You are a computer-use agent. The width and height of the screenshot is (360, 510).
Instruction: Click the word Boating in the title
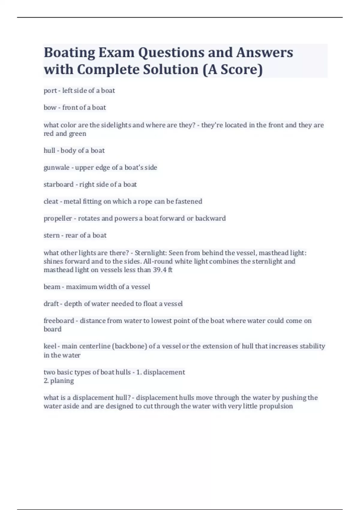69,53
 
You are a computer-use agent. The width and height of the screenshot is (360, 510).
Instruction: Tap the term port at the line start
50,91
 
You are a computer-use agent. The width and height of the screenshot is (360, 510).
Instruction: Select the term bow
50,107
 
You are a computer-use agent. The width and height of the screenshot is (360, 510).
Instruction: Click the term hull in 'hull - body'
49,150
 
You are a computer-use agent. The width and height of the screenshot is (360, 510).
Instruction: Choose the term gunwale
56,167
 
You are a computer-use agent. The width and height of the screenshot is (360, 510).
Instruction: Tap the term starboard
58,184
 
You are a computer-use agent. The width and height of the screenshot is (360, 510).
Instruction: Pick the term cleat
51,201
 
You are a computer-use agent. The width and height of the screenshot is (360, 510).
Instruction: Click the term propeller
58,218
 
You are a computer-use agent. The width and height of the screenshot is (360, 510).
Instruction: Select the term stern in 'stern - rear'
52,235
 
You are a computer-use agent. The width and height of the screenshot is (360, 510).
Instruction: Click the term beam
52,287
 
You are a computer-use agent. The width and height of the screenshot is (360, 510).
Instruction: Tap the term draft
51,304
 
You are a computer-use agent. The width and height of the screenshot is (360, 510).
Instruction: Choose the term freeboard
59,321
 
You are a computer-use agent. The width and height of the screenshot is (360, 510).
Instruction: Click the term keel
50,346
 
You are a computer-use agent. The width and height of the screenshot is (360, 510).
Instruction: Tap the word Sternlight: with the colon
151,253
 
